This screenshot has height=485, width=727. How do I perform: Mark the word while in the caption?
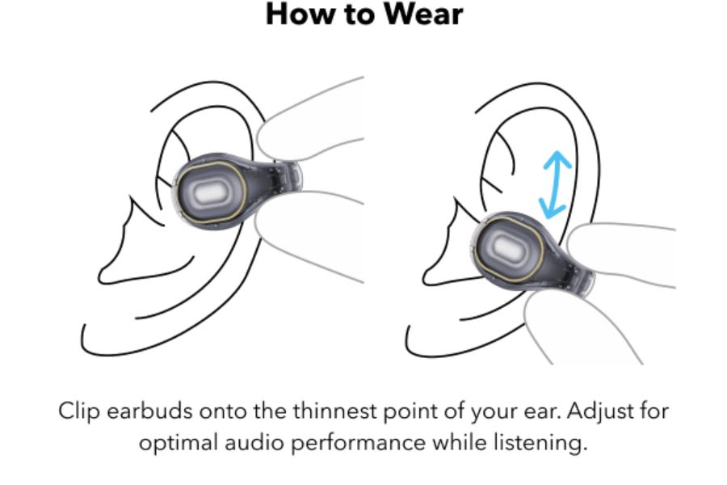(x=464, y=444)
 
